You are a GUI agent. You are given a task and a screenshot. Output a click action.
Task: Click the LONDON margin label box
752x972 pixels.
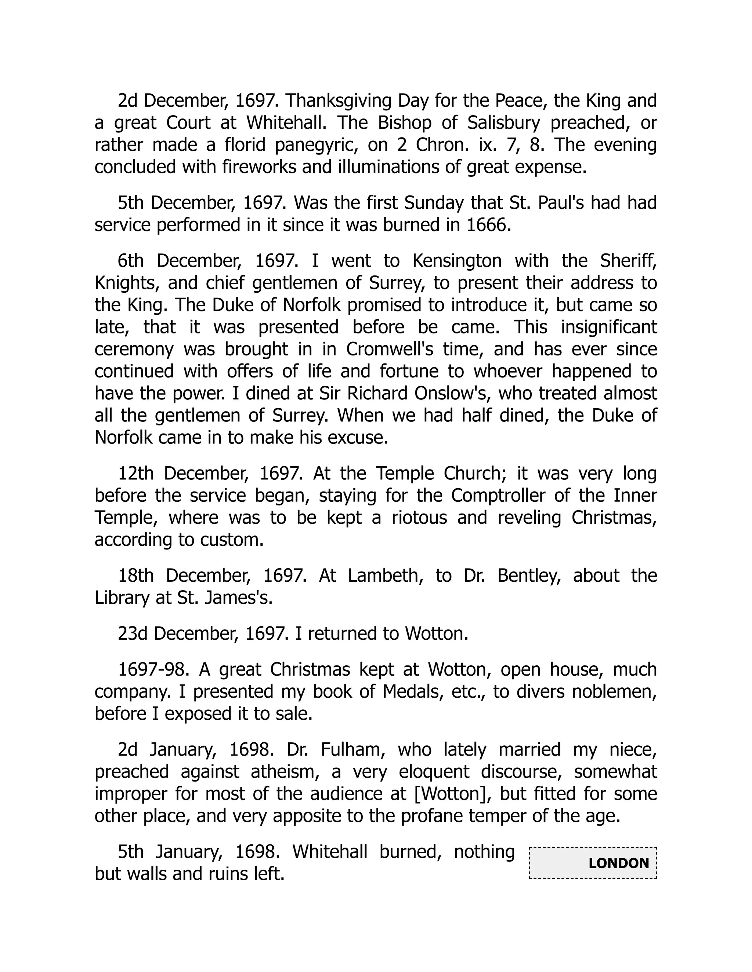(x=593, y=863)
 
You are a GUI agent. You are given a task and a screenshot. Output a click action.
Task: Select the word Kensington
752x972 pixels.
(x=457, y=261)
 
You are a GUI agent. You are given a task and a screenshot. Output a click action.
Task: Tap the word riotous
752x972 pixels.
(x=419, y=518)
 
